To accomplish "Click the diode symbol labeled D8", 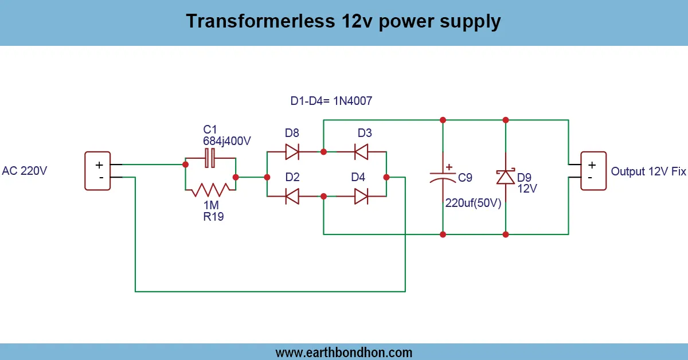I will click(x=292, y=151).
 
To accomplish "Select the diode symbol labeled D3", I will click(x=361, y=151).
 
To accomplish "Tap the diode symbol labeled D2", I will click(x=292, y=196).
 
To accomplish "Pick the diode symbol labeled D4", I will click(x=361, y=196).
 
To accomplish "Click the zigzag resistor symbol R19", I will click(x=210, y=189).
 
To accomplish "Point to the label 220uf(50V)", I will click(x=474, y=203).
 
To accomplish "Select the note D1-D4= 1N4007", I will click(x=331, y=101).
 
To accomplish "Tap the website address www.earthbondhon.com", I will click(x=344, y=352).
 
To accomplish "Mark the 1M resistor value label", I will click(x=210, y=205).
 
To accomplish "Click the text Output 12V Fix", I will click(x=648, y=171).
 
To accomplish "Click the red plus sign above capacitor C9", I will click(x=448, y=166).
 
